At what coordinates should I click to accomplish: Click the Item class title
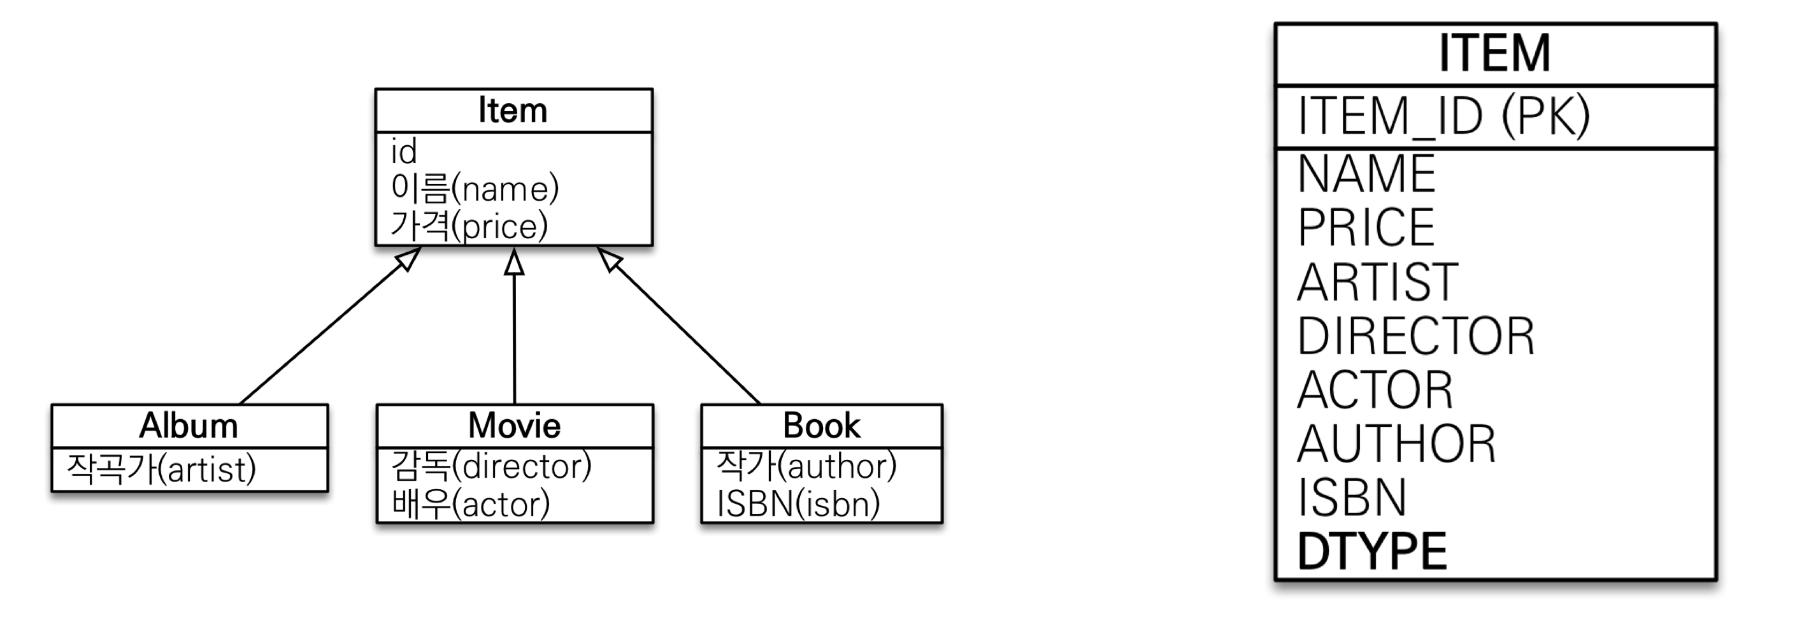[x=513, y=111]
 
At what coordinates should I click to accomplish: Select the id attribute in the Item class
[x=404, y=152]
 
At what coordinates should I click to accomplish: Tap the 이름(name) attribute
[x=475, y=189]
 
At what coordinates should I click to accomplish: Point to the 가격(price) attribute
[x=469, y=225]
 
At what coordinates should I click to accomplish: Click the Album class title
[x=189, y=426]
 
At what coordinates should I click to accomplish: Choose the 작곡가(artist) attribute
[x=161, y=469]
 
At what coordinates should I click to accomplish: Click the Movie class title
[x=515, y=426]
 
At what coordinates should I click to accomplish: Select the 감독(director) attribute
[x=491, y=466]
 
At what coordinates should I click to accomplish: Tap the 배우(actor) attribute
[x=471, y=504]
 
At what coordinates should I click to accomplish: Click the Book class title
[x=822, y=426]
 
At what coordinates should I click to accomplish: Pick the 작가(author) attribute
[x=806, y=466]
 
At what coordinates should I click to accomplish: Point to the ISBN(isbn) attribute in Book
[x=798, y=504]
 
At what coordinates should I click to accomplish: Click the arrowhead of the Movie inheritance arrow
[x=515, y=262]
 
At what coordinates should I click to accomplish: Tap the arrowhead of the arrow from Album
[x=408, y=258]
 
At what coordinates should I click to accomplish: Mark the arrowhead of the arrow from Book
[x=610, y=259]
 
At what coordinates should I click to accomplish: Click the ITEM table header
[x=1495, y=54]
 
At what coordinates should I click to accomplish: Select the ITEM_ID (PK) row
[x=1443, y=116]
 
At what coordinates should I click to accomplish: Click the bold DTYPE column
[x=1372, y=552]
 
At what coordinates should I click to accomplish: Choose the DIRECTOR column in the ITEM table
[x=1415, y=336]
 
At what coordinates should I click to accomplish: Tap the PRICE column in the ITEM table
[x=1366, y=227]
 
